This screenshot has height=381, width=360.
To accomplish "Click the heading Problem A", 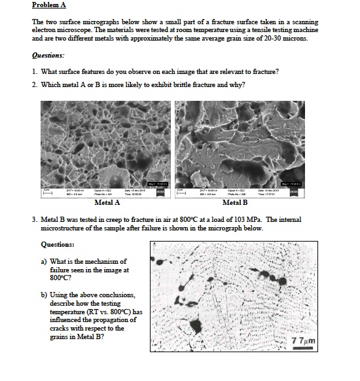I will pyautogui.click(x=49, y=5).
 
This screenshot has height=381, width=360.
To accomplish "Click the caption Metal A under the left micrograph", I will pyautogui.click(x=107, y=203).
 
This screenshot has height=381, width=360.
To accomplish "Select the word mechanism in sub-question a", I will pyautogui.click(x=107, y=262).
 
